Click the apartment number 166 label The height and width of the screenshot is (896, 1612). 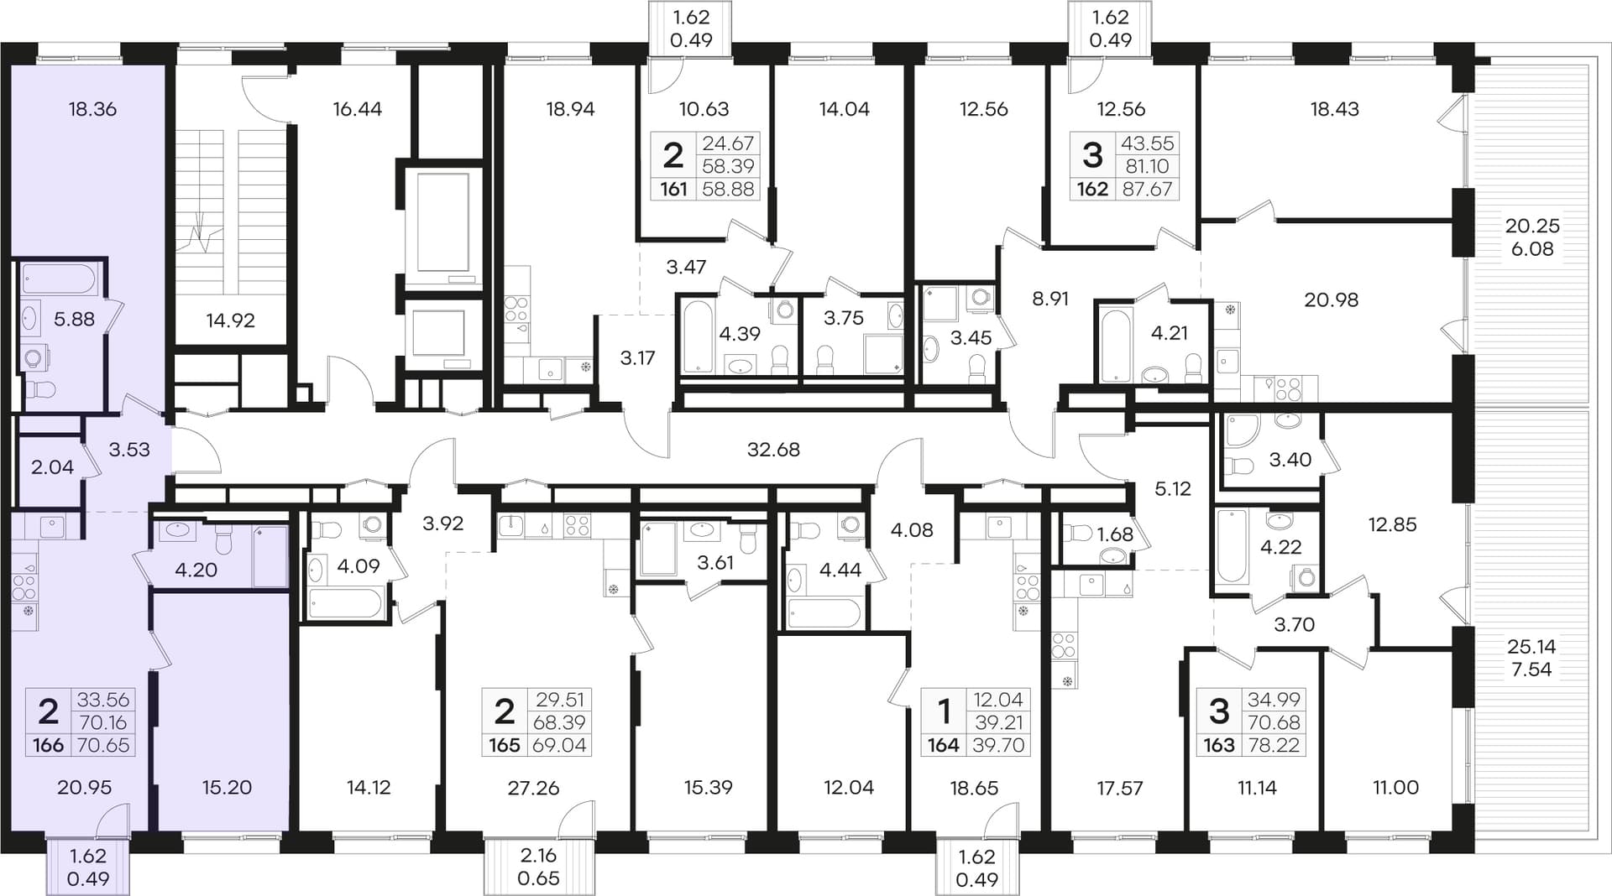tap(48, 745)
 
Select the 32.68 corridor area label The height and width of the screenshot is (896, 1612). tap(773, 450)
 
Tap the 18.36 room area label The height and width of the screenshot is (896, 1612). tap(92, 109)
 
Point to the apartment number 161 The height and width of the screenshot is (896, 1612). tap(673, 189)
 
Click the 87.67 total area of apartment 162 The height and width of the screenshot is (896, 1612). tap(1147, 189)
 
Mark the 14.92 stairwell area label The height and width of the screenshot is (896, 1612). tap(230, 320)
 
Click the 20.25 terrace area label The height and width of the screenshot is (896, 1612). tap(1532, 226)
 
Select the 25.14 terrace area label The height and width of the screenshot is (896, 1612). tap(1531, 647)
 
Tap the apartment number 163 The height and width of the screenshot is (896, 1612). tap(1218, 745)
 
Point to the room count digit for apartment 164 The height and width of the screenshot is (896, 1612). tap(944, 711)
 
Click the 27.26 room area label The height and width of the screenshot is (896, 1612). tap(533, 788)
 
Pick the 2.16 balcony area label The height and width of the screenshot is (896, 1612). tap(538, 856)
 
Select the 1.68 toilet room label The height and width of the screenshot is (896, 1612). tap(1115, 534)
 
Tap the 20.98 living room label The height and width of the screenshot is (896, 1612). tap(1331, 300)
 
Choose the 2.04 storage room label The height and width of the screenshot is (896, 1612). tap(52, 467)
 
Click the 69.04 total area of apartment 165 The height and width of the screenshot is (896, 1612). tap(559, 745)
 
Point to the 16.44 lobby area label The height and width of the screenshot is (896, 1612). tap(357, 109)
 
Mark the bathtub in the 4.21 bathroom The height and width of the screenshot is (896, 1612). tap(1114, 345)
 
